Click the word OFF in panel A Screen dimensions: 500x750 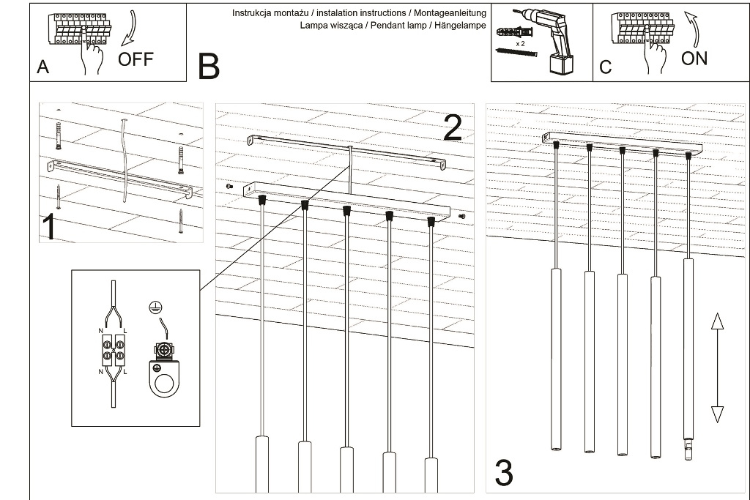pos(135,59)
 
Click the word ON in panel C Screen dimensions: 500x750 pos(694,59)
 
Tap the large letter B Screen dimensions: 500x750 pos(209,67)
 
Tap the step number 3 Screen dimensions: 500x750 pos(504,473)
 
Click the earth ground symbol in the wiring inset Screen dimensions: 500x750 pos(154,308)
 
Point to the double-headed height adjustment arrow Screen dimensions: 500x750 pos(717,367)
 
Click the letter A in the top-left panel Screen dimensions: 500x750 pos(42,67)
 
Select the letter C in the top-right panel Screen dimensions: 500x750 pos(605,67)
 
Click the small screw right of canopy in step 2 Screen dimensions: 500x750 pos(461,216)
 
